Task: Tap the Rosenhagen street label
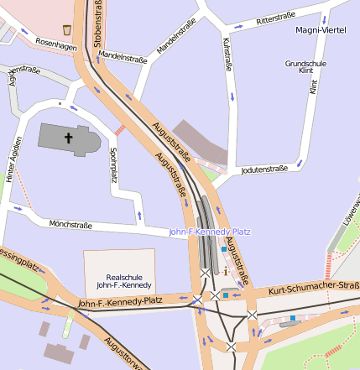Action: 56,47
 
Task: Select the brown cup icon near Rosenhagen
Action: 67,29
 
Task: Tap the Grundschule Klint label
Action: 305,67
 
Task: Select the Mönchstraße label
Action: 70,224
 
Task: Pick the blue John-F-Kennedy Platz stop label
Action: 209,232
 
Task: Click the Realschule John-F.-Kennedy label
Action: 119,280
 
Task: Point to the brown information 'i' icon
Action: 225,272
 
